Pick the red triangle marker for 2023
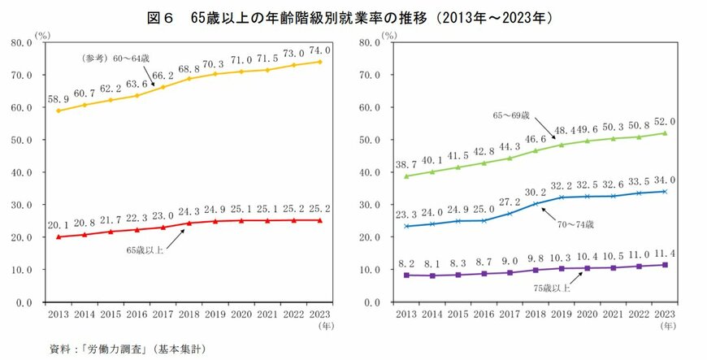tap(319, 220)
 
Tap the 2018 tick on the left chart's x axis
tap(189, 314)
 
